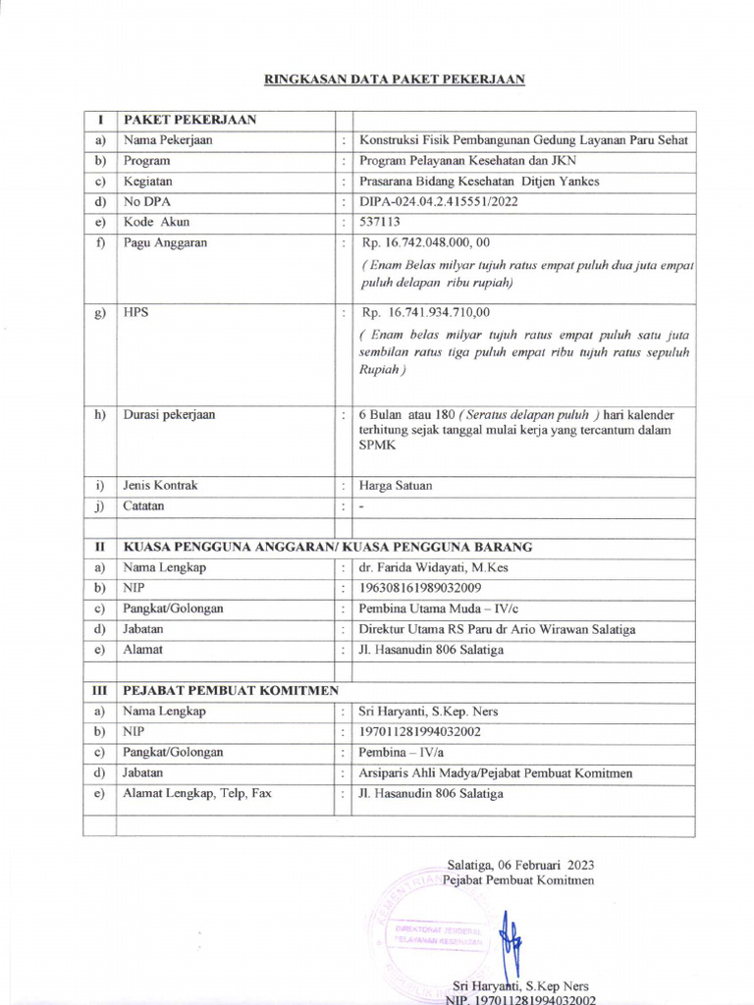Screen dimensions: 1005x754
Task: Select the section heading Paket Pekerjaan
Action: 189,120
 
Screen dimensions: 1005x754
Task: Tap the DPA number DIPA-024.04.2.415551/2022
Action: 439,201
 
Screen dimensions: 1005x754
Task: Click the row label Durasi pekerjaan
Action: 169,414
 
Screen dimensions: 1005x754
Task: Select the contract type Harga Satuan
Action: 396,486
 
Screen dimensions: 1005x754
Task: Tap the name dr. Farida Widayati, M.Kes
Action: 434,567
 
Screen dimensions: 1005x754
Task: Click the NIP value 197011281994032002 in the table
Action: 421,731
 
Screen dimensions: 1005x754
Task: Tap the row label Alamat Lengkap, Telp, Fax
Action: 197,793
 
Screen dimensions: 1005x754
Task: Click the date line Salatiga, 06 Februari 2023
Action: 520,865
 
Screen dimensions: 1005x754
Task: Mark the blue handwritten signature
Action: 505,938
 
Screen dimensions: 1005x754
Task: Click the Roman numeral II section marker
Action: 99,547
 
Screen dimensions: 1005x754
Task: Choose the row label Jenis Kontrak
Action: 160,486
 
